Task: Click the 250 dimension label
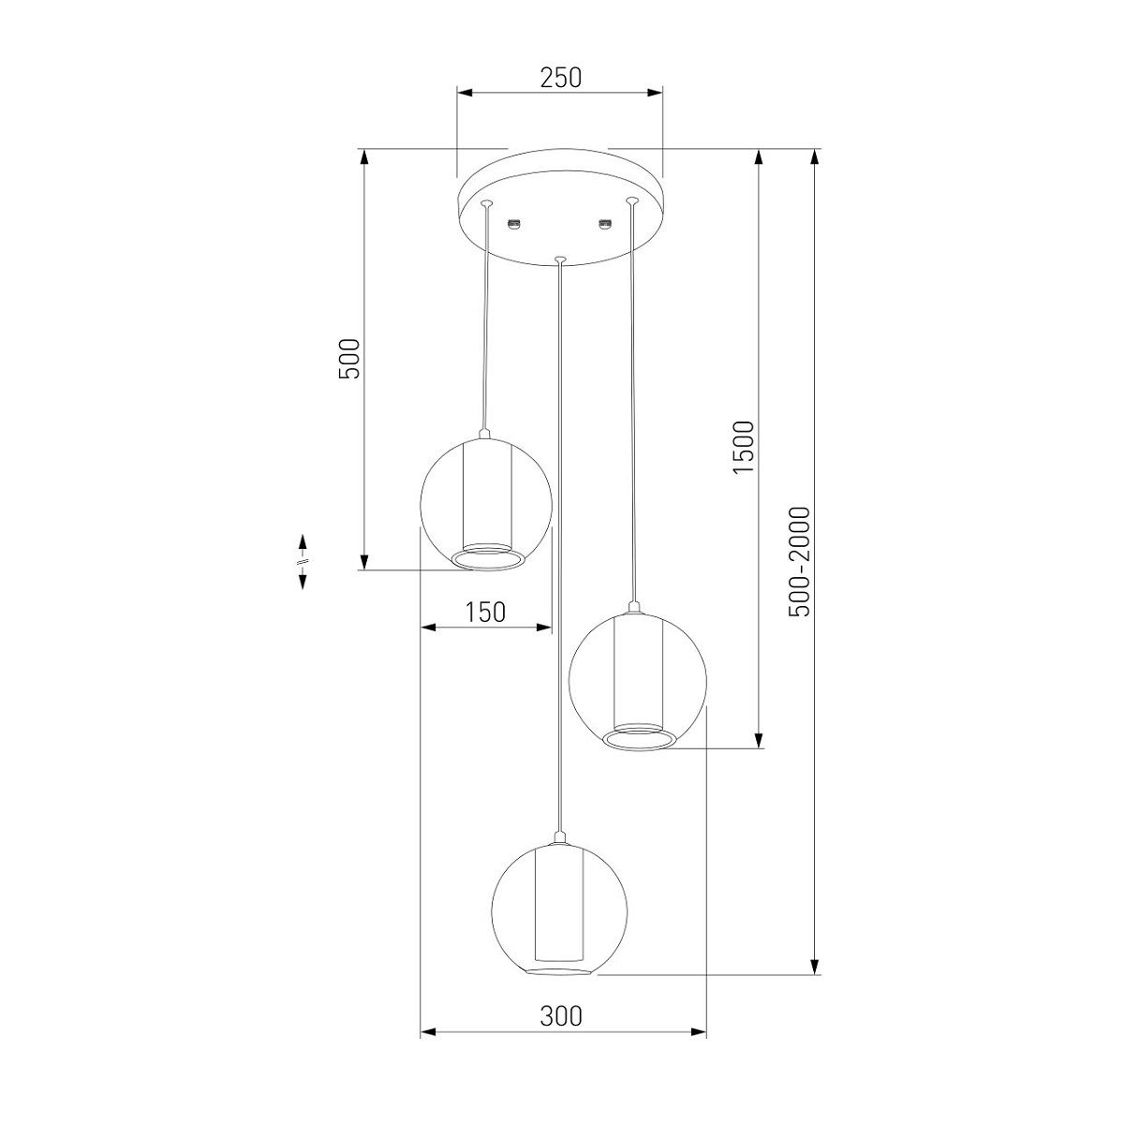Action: coord(560,78)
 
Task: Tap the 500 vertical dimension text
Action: coord(350,359)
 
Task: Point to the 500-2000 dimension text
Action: coord(799,562)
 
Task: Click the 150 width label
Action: coord(485,612)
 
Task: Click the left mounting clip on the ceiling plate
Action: coord(514,223)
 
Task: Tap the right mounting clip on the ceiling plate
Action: coord(605,223)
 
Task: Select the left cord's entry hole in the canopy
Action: coord(486,203)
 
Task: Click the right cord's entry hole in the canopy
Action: coord(630,201)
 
